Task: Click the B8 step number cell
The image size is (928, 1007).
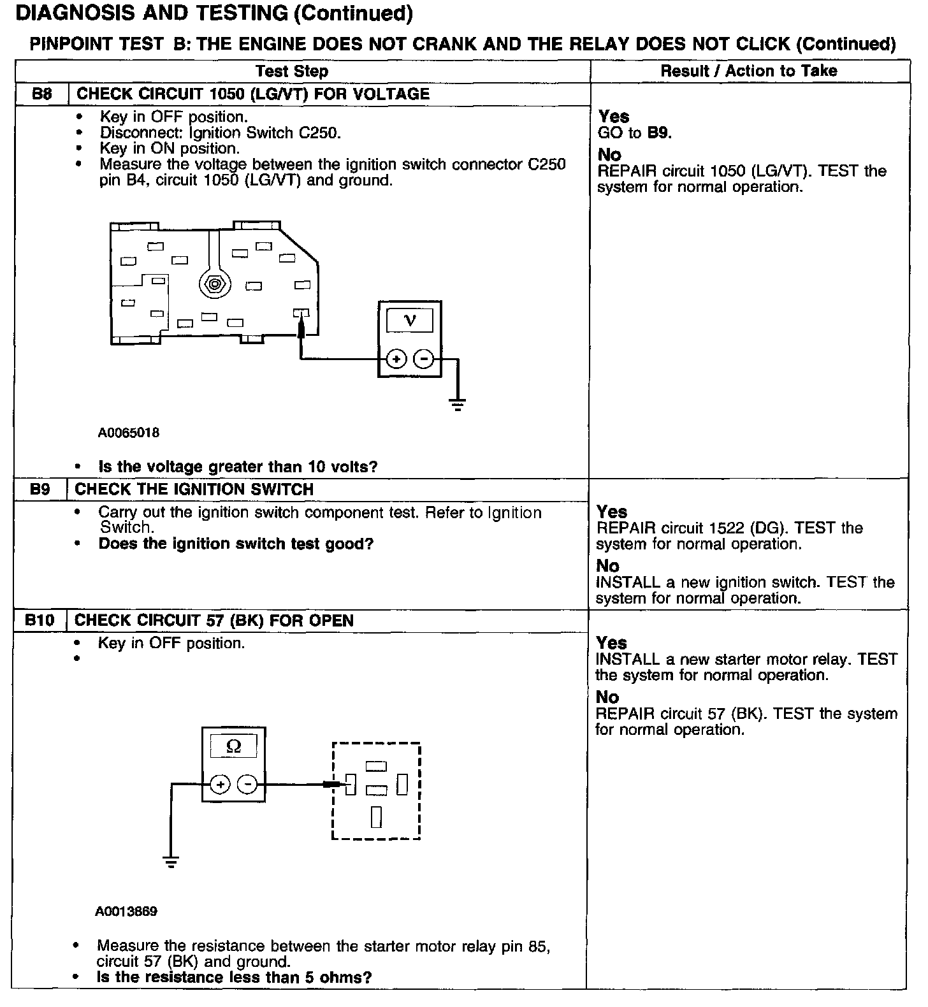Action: click(41, 94)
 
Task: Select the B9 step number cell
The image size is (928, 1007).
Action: click(40, 489)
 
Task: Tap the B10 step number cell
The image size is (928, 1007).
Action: click(40, 620)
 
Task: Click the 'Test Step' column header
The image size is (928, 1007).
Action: click(292, 71)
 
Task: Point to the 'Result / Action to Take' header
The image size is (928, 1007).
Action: click(749, 71)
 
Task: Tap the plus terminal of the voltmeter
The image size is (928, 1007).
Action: click(396, 359)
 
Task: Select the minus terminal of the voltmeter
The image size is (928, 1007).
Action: click(424, 359)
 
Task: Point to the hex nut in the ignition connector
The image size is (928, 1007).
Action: click(214, 284)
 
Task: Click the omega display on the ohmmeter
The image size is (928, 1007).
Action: click(233, 746)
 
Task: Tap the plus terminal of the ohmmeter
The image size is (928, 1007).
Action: click(220, 785)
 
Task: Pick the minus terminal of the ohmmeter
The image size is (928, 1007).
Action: click(247, 785)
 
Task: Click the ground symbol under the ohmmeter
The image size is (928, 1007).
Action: click(171, 862)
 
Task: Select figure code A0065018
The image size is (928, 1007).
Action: click(128, 433)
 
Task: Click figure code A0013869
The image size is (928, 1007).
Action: click(126, 911)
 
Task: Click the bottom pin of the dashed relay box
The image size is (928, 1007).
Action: click(376, 816)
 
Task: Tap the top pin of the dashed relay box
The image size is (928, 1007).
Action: click(376, 766)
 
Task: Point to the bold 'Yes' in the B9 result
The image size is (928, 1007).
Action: click(612, 512)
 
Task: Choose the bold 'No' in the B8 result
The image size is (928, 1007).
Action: click(609, 155)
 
